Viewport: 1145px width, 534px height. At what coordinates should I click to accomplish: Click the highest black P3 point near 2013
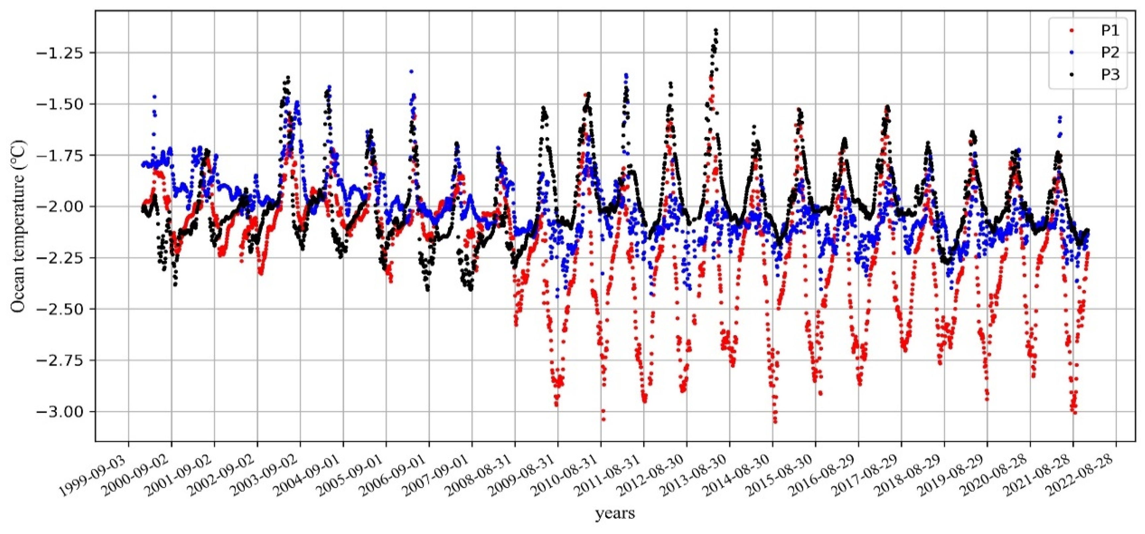(x=716, y=30)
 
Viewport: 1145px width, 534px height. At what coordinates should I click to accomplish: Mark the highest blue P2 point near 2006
(x=411, y=71)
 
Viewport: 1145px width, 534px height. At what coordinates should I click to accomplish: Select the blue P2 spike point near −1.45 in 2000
(x=154, y=97)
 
